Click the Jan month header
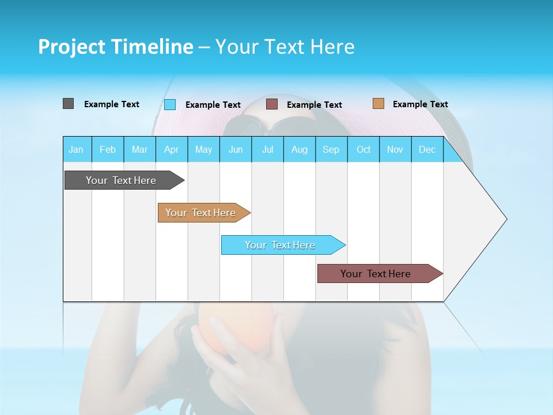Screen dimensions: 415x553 [77, 149]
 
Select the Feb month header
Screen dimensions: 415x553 [108, 149]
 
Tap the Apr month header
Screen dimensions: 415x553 [172, 149]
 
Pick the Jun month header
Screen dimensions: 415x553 [236, 149]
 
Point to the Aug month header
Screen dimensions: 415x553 [300, 149]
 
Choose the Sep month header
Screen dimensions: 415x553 [331, 149]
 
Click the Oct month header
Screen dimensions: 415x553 [363, 149]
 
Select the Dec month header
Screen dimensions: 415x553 [427, 149]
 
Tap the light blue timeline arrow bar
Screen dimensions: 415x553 [281, 245]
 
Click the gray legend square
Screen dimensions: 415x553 [69, 104]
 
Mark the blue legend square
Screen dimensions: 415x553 [170, 104]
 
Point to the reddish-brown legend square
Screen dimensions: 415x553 [272, 104]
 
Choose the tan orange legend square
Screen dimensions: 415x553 [378, 104]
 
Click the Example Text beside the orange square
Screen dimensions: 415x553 [420, 104]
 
